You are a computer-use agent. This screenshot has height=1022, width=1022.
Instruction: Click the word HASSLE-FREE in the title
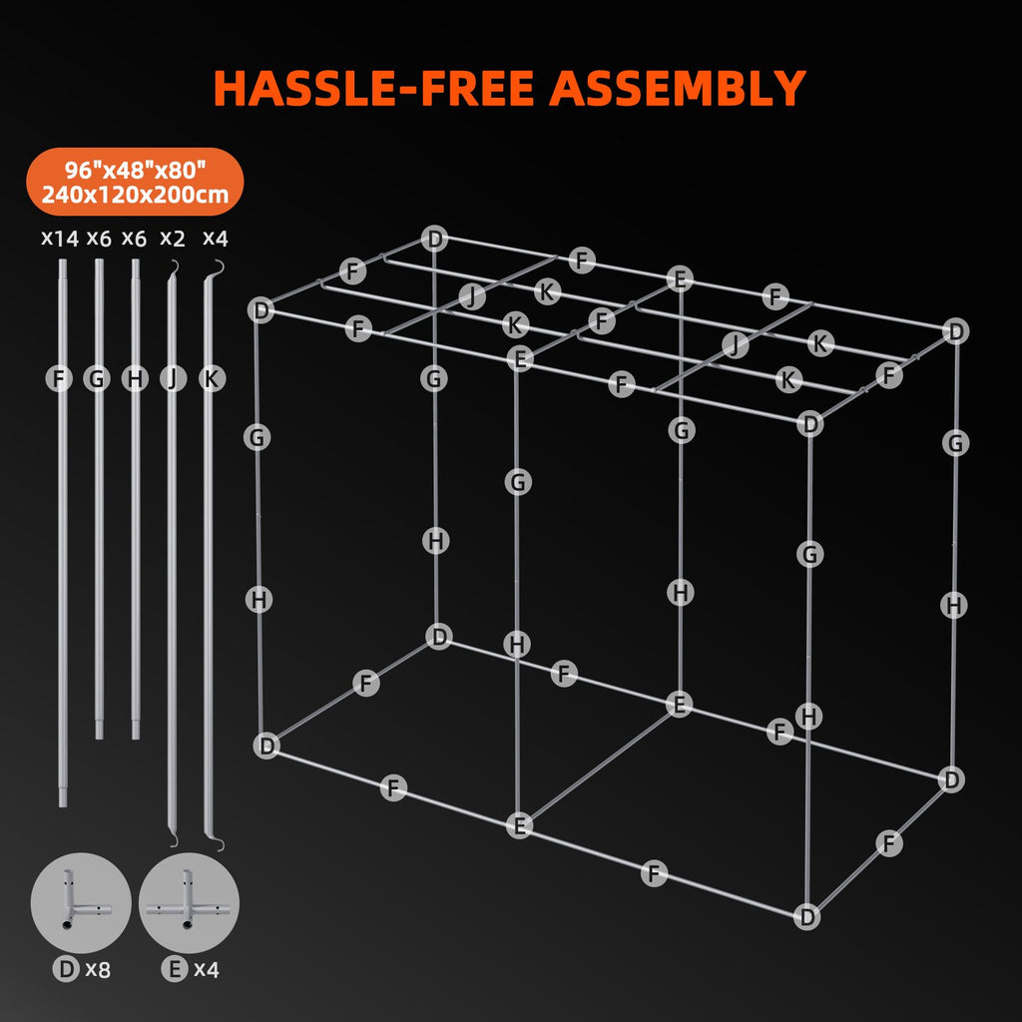[x=376, y=88]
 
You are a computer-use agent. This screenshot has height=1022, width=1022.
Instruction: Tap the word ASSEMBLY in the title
[x=678, y=88]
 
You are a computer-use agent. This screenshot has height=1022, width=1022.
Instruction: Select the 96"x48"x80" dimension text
[x=136, y=168]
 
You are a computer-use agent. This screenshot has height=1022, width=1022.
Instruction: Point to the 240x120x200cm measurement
[x=136, y=194]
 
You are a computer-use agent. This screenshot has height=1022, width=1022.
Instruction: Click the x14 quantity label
[x=59, y=239]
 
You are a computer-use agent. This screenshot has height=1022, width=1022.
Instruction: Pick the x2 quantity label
[x=173, y=239]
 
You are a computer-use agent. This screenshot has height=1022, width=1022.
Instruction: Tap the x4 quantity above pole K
[x=215, y=239]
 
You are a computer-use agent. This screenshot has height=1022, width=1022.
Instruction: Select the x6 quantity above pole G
[x=99, y=239]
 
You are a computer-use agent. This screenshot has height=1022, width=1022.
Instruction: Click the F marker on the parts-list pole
[x=60, y=378]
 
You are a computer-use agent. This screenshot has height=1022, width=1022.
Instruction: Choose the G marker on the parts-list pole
[x=97, y=378]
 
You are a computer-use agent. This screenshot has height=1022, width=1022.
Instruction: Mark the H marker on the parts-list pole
[x=134, y=378]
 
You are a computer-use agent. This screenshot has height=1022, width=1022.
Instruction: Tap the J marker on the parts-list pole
[x=172, y=378]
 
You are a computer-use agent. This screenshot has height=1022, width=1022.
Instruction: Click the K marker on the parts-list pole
[x=210, y=378]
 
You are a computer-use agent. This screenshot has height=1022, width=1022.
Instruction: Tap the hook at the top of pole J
[x=174, y=263]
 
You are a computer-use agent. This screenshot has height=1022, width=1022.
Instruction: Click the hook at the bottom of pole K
[x=218, y=845]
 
